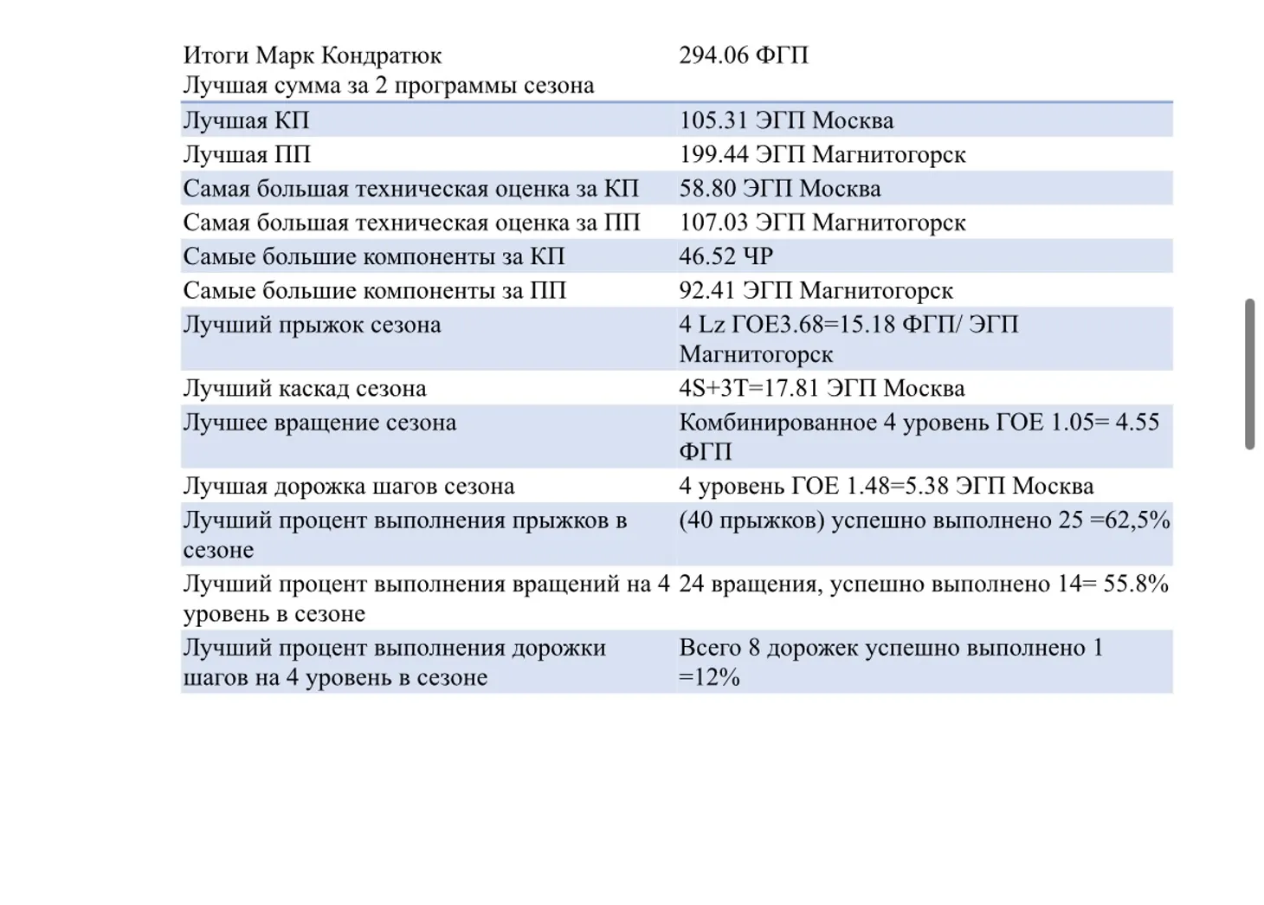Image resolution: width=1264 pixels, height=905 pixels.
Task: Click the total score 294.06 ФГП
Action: tap(743, 55)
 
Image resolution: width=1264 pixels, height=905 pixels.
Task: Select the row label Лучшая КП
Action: tap(246, 120)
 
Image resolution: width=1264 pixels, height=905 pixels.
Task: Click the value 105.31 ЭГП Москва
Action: tap(785, 120)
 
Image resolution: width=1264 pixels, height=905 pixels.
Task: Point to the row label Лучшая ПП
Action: tap(247, 154)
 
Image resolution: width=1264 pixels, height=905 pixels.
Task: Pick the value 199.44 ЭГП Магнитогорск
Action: tap(822, 154)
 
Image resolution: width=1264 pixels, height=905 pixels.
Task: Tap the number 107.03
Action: tap(713, 223)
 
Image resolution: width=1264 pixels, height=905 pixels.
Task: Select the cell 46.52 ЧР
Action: tap(726, 256)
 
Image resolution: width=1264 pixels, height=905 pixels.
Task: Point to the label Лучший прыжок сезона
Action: tap(312, 325)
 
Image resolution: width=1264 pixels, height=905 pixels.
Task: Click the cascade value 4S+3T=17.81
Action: tap(749, 388)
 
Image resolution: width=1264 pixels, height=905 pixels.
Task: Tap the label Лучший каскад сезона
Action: tap(304, 388)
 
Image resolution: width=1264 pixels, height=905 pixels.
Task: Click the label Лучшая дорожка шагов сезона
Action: tap(348, 486)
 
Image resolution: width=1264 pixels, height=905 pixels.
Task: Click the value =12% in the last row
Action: tap(709, 677)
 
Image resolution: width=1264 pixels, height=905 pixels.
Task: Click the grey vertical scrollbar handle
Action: tap(1249, 374)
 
